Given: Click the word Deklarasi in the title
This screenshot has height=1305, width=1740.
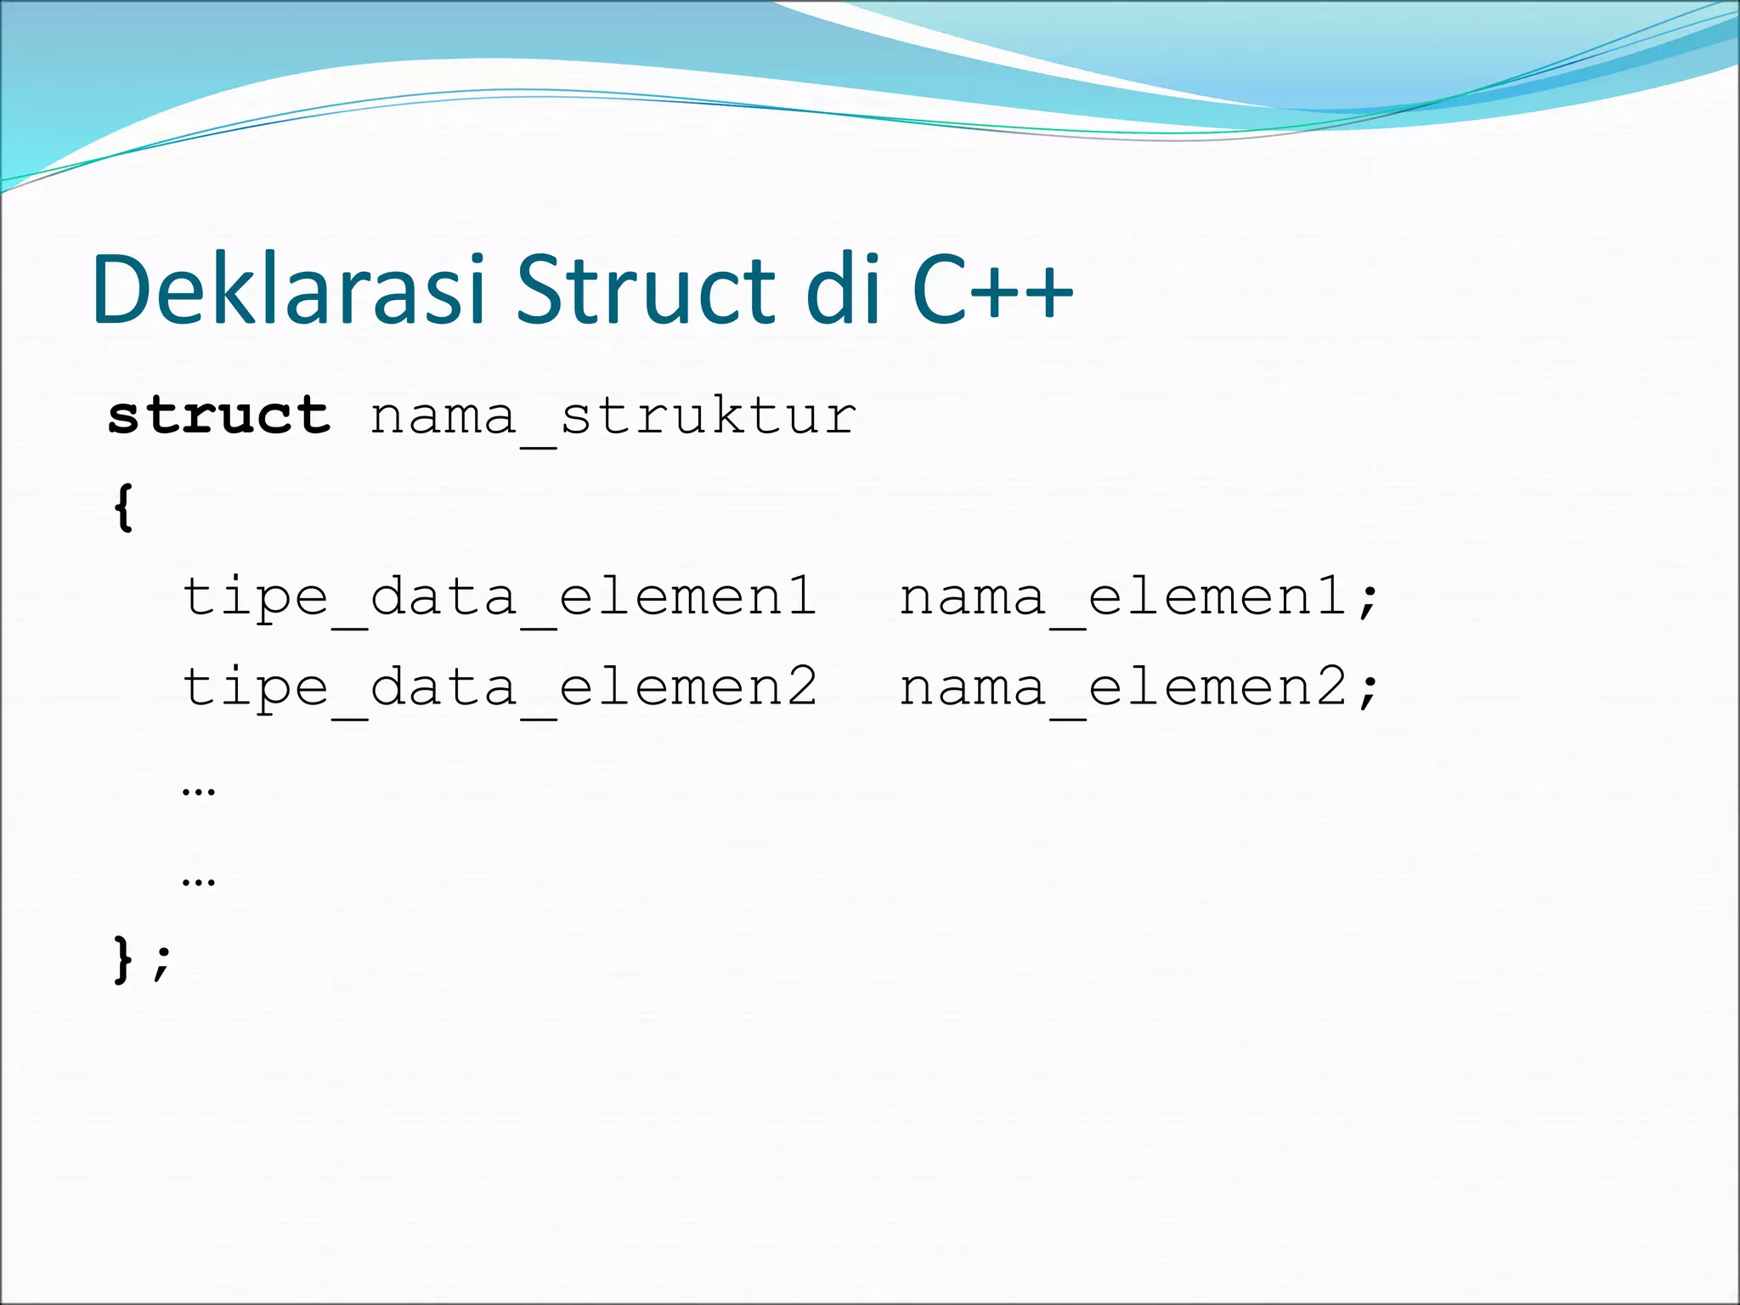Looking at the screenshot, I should click(x=289, y=291).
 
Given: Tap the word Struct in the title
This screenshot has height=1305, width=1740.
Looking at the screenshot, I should click(x=646, y=291).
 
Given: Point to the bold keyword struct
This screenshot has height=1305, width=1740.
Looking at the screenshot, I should click(x=219, y=416).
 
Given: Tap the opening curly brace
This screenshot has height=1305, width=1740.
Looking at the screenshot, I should click(x=124, y=508).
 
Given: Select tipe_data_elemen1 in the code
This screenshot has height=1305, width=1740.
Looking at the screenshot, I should click(x=500, y=598).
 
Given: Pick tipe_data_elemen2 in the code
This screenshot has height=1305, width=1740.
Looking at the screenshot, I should click(x=500, y=688).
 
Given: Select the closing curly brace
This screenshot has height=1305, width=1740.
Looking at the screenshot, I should click(x=124, y=960).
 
